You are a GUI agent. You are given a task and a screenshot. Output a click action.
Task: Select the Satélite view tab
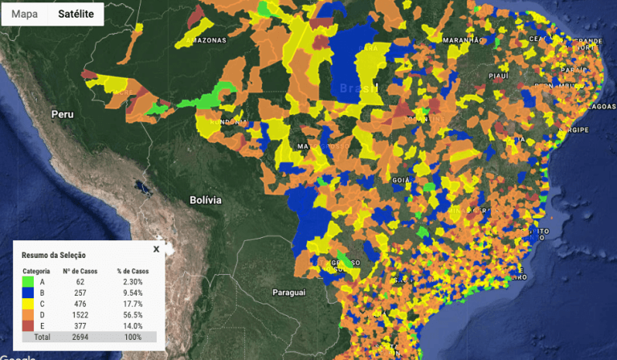click(76, 14)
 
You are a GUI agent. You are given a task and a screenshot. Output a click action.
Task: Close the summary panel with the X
click(157, 249)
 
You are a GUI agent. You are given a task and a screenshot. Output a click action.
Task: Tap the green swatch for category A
click(28, 281)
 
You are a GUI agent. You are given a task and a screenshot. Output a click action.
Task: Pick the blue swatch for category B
click(28, 292)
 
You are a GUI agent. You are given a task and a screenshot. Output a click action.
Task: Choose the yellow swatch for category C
click(28, 304)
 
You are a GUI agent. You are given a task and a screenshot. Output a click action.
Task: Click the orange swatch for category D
click(28, 315)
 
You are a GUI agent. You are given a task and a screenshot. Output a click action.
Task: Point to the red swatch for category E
click(28, 326)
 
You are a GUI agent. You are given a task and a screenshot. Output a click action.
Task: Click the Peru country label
click(63, 114)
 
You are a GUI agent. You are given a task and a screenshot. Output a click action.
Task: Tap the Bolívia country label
click(205, 199)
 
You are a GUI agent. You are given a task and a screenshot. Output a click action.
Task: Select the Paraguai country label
click(290, 292)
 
